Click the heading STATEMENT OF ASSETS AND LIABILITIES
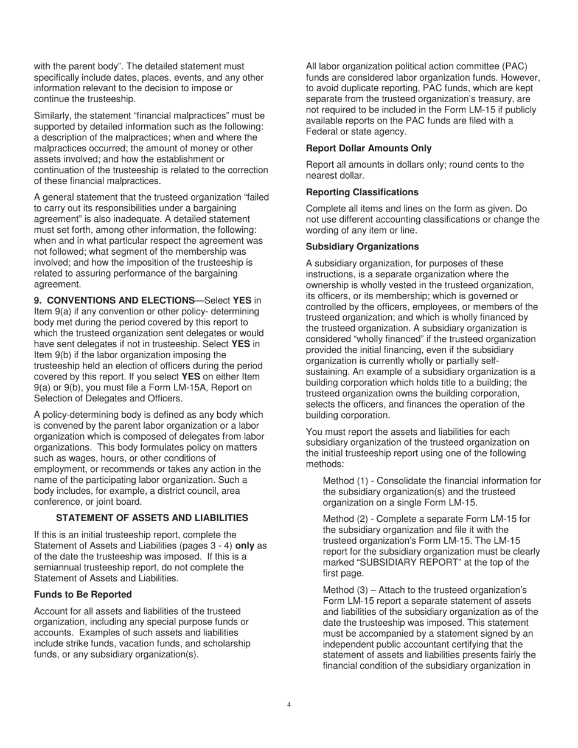[152, 518]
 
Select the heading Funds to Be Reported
[83, 594]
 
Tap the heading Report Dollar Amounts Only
[369, 148]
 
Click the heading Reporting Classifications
[362, 192]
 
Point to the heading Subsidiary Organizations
[362, 247]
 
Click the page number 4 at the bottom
[289, 705]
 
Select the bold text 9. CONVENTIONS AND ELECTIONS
[114, 300]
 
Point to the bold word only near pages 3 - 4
[245, 546]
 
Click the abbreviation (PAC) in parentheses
[515, 66]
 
